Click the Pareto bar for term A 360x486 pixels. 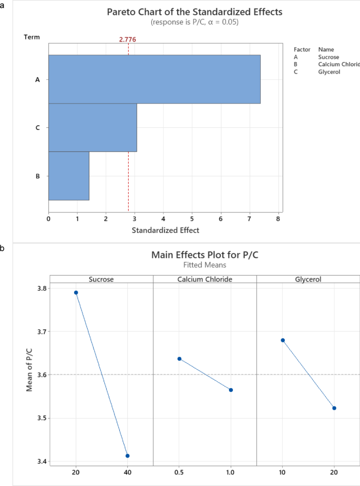[154, 79]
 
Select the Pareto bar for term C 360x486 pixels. [92, 128]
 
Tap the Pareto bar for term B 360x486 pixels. [69, 176]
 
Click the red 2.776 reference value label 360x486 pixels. [128, 39]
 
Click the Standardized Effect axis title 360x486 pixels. [166, 230]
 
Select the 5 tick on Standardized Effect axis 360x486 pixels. [192, 217]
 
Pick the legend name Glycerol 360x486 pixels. [329, 72]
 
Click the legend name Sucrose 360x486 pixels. [328, 57]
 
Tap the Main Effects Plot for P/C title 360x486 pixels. [205, 255]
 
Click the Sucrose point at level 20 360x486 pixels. [76, 292]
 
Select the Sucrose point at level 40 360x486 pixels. [128, 455]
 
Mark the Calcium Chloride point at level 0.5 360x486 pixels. [180, 359]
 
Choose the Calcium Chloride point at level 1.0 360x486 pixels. [231, 390]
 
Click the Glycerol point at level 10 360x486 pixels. [283, 340]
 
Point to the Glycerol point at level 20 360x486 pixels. [334, 408]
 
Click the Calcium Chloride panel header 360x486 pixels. [204, 279]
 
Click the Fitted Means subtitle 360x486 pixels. [205, 266]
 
